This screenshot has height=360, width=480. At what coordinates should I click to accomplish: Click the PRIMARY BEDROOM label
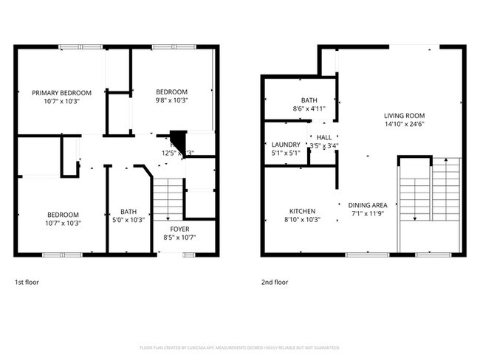point(61,92)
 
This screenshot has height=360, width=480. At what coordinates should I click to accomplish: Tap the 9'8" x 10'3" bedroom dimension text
point(171,100)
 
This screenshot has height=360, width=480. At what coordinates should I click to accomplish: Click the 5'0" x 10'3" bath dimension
point(123,220)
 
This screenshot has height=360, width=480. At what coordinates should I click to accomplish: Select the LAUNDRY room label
point(286,145)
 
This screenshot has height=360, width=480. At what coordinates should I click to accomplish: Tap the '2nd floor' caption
point(275,282)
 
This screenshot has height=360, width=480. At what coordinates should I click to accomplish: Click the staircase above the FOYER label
point(168,198)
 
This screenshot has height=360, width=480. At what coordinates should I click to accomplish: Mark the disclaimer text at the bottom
point(240,347)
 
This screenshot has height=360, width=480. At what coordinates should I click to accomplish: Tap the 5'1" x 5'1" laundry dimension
point(286,153)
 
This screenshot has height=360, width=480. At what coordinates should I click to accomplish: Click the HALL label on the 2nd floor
point(323,137)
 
